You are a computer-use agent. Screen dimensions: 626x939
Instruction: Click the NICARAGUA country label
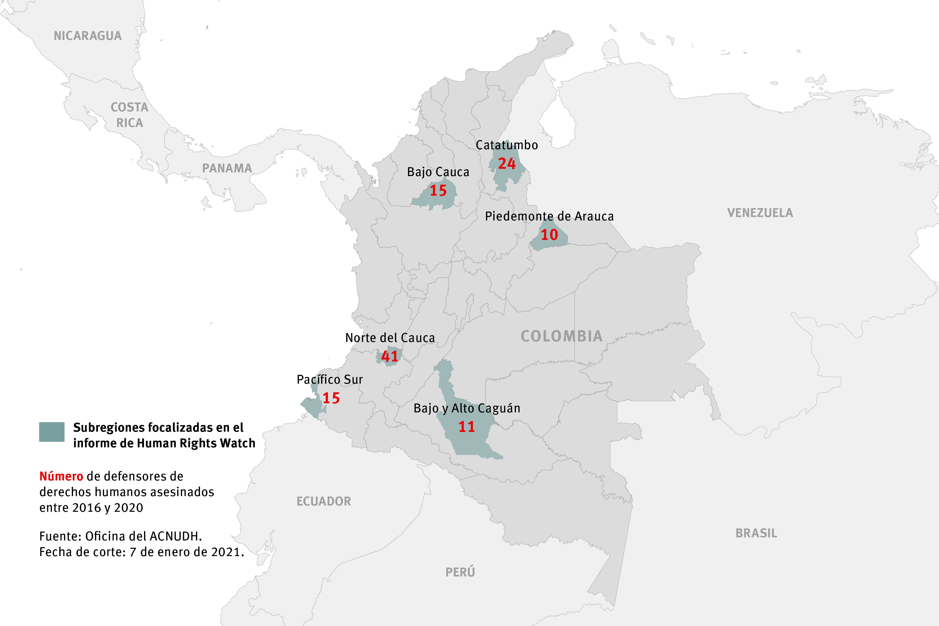click(x=87, y=36)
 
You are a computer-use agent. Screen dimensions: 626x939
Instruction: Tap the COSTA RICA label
click(x=129, y=115)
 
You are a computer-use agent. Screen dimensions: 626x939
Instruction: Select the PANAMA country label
click(x=227, y=168)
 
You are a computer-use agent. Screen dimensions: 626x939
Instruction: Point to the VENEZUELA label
click(x=760, y=213)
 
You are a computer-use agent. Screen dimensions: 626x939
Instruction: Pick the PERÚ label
click(x=460, y=572)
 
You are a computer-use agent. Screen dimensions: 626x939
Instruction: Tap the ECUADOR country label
click(x=323, y=501)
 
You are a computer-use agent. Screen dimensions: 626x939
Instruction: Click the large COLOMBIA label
click(x=561, y=336)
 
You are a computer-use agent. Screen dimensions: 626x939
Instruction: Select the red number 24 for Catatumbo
click(x=507, y=164)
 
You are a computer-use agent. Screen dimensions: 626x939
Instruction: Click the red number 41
click(x=390, y=356)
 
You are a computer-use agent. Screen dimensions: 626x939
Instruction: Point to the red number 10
click(x=549, y=235)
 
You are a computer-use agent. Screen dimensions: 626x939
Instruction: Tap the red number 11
click(x=466, y=427)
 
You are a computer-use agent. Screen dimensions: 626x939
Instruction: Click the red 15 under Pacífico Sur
click(x=331, y=398)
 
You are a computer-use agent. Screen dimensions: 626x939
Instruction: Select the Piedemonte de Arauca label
click(x=549, y=216)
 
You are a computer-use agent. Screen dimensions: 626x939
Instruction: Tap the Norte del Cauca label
click(x=390, y=338)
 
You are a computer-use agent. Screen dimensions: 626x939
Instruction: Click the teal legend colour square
click(x=51, y=432)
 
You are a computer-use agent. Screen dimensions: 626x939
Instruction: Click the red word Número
click(x=61, y=476)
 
